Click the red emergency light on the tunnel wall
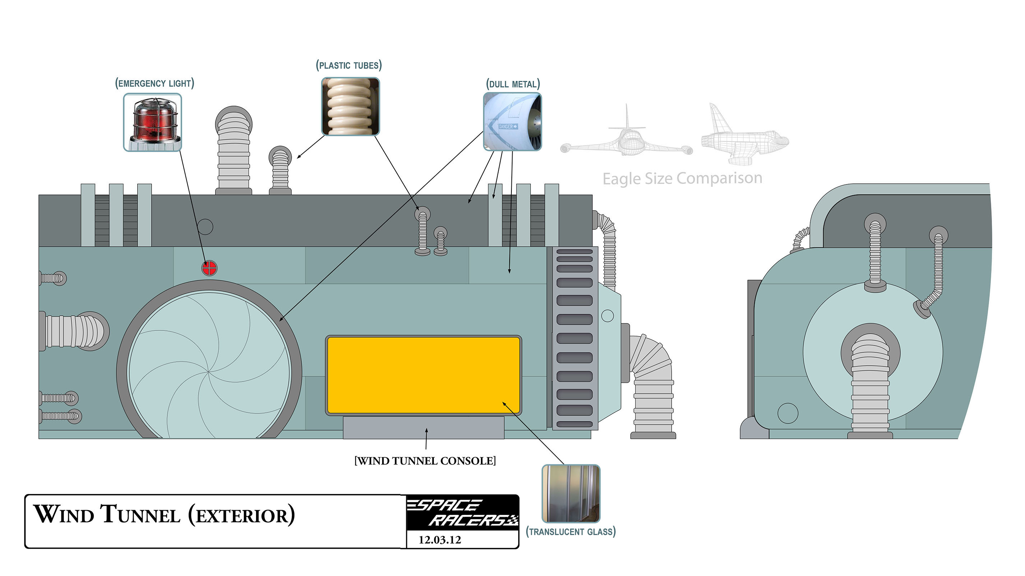[x=209, y=268]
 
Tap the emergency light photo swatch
[x=152, y=122]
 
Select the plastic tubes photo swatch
[x=350, y=106]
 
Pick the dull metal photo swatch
[x=512, y=122]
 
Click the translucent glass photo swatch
[x=571, y=493]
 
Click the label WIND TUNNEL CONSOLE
[x=425, y=461]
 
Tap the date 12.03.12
[x=440, y=540]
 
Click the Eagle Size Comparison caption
[x=682, y=178]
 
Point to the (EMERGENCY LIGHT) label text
[x=154, y=83]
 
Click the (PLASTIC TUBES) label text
[x=349, y=65]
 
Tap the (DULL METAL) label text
[x=512, y=84]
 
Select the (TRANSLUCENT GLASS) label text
[x=571, y=531]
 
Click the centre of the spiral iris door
[x=209, y=371]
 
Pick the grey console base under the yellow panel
[x=423, y=428]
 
